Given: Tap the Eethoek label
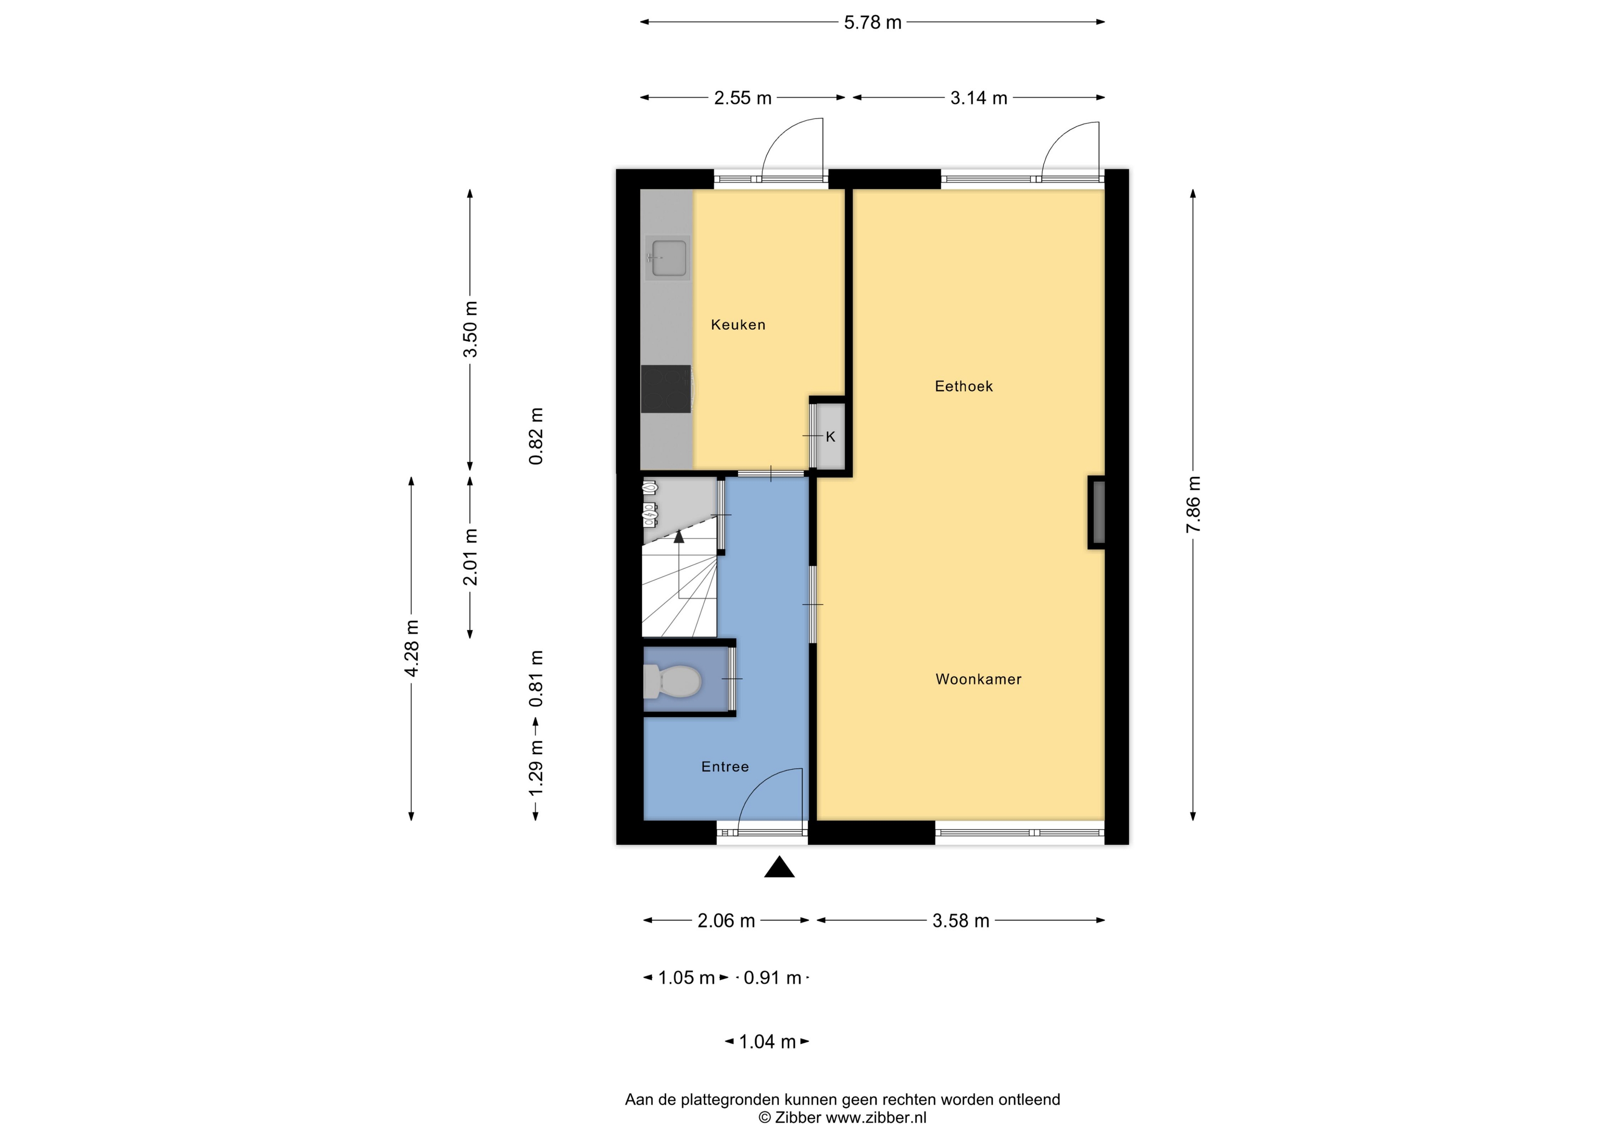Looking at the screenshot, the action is (x=964, y=386).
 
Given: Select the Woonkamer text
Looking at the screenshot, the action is (x=978, y=679).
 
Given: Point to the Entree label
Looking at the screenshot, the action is (x=725, y=767).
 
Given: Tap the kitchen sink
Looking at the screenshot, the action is (x=668, y=258).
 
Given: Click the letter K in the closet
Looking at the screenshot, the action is (x=831, y=437).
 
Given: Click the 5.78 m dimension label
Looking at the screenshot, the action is (x=872, y=22).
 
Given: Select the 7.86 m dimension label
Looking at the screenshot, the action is (x=1194, y=504).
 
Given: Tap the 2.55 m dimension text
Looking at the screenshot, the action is (x=742, y=98).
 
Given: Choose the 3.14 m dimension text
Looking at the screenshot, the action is (x=978, y=98).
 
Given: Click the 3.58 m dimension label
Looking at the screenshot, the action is (x=960, y=921).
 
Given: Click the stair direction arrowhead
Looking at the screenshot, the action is (x=679, y=537).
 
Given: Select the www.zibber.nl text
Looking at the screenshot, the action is (x=876, y=1118).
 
